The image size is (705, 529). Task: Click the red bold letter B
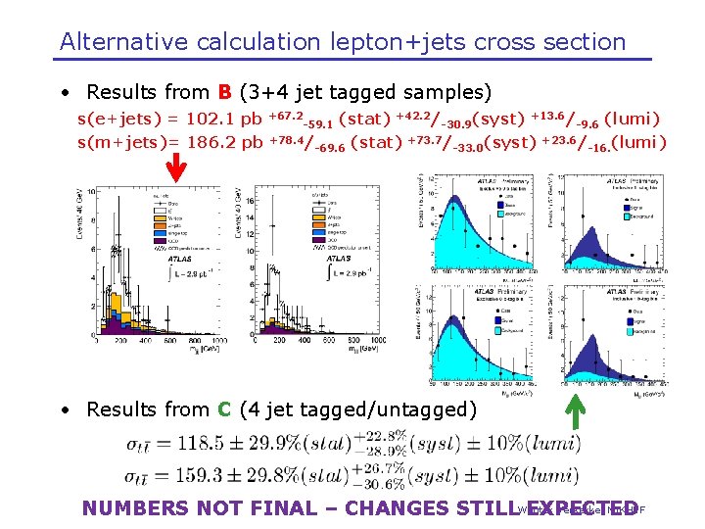click(224, 93)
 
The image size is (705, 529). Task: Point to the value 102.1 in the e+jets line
click(211, 120)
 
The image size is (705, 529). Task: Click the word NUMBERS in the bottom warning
click(136, 508)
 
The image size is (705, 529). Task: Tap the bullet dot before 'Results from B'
click(64, 94)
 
